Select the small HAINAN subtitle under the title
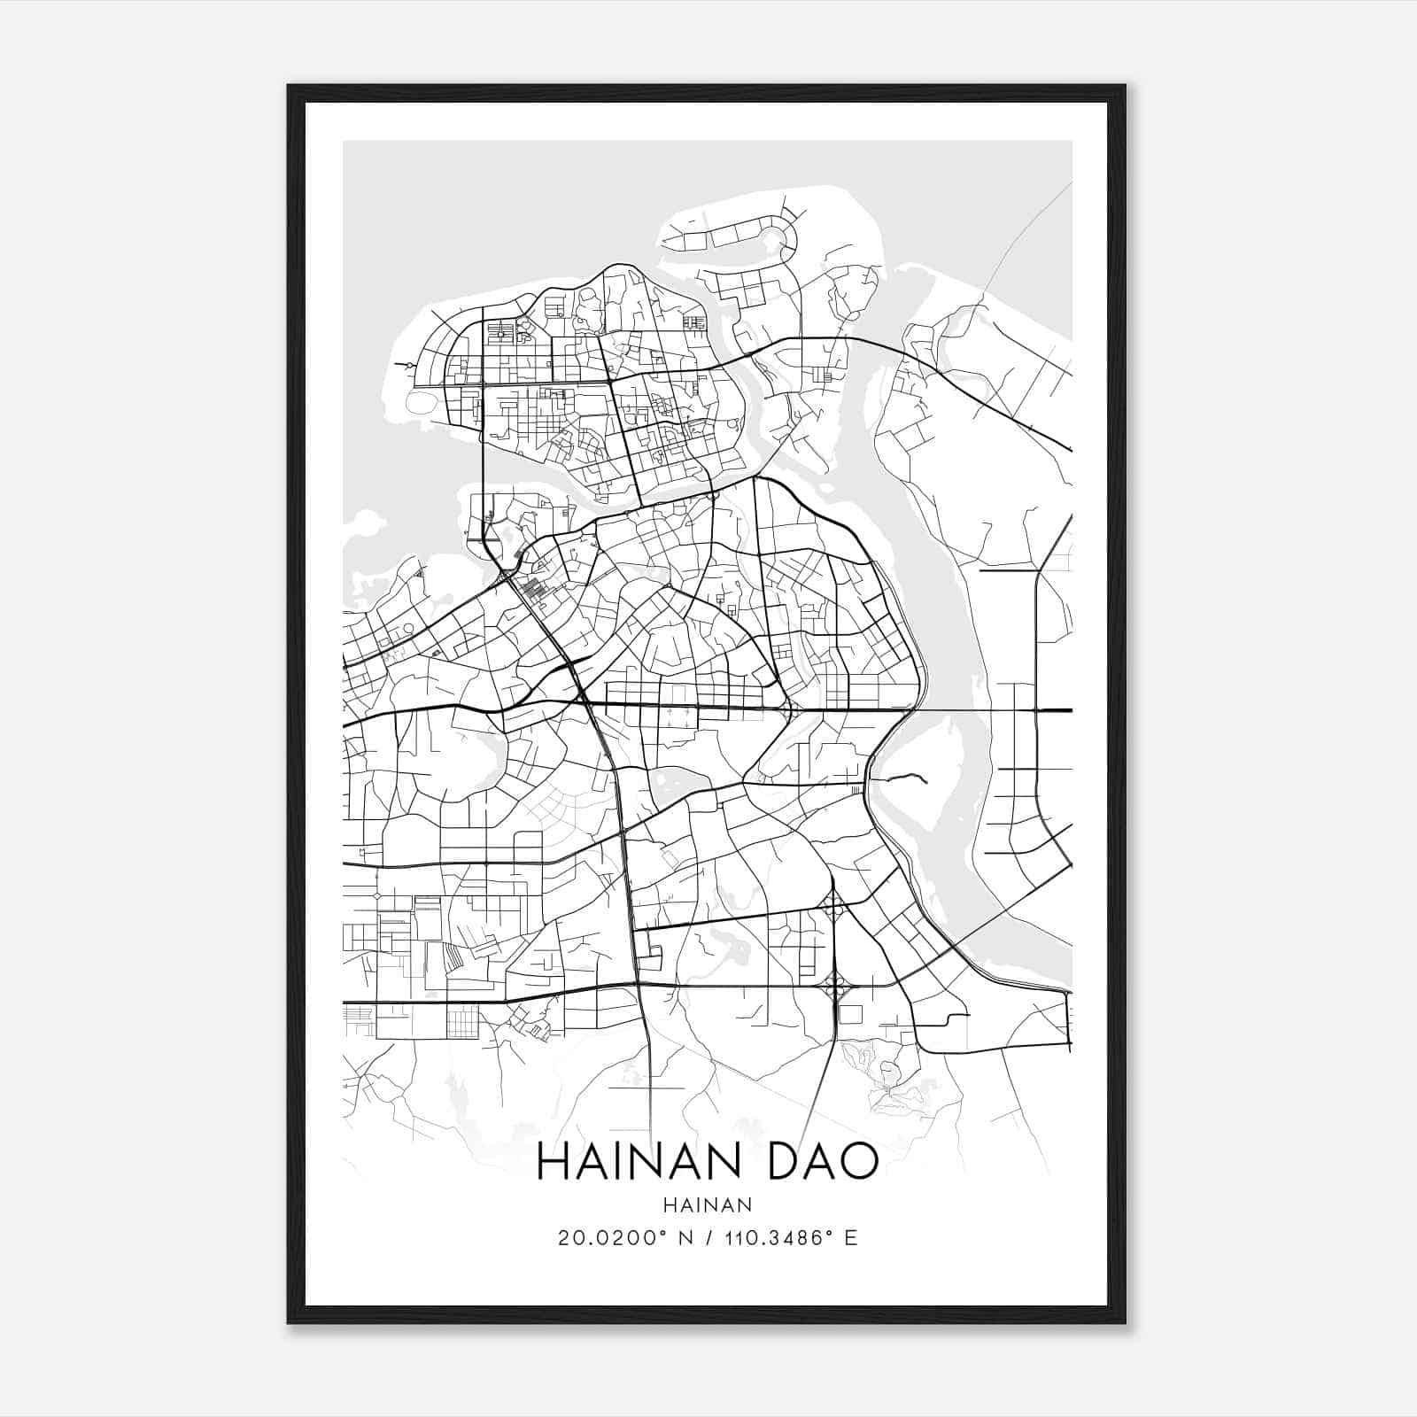click(x=707, y=1204)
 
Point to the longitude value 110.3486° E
click(x=791, y=1238)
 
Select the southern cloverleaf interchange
click(x=833, y=983)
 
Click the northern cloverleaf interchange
click(x=833, y=906)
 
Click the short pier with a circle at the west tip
click(x=408, y=364)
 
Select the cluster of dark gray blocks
click(x=532, y=590)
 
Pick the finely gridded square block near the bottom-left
click(x=461, y=1022)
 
